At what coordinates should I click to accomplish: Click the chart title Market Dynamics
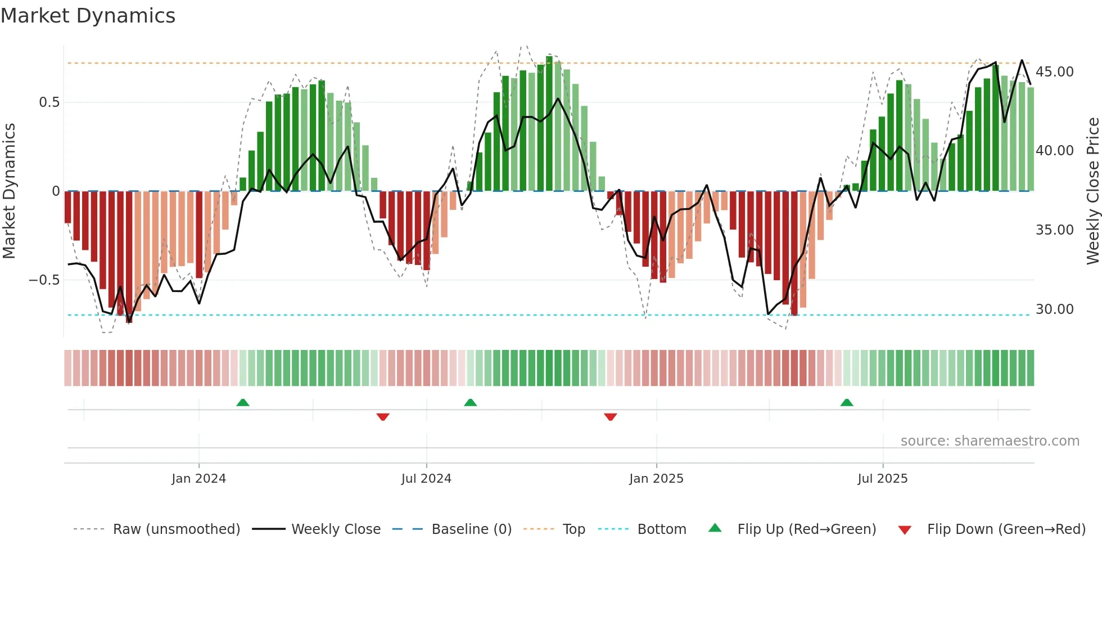(88, 16)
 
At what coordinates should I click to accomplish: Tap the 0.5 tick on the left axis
(49, 102)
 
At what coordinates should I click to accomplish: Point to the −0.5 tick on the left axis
(44, 280)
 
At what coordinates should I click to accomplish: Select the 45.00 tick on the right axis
(1054, 72)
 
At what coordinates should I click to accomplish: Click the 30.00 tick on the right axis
(1054, 309)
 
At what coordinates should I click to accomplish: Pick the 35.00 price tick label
(1054, 230)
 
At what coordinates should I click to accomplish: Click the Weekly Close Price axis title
(1092, 191)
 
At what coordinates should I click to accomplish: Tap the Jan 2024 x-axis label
(198, 479)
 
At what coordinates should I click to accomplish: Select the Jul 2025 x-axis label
(882, 479)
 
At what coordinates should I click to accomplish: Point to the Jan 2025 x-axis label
(656, 479)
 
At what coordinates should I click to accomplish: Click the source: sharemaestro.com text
(990, 441)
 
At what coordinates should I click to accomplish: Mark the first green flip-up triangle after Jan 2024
(243, 403)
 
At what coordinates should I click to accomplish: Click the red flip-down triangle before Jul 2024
(383, 417)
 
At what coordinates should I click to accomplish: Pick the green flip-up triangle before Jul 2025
(847, 403)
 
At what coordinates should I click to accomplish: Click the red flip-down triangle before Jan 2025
(611, 417)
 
